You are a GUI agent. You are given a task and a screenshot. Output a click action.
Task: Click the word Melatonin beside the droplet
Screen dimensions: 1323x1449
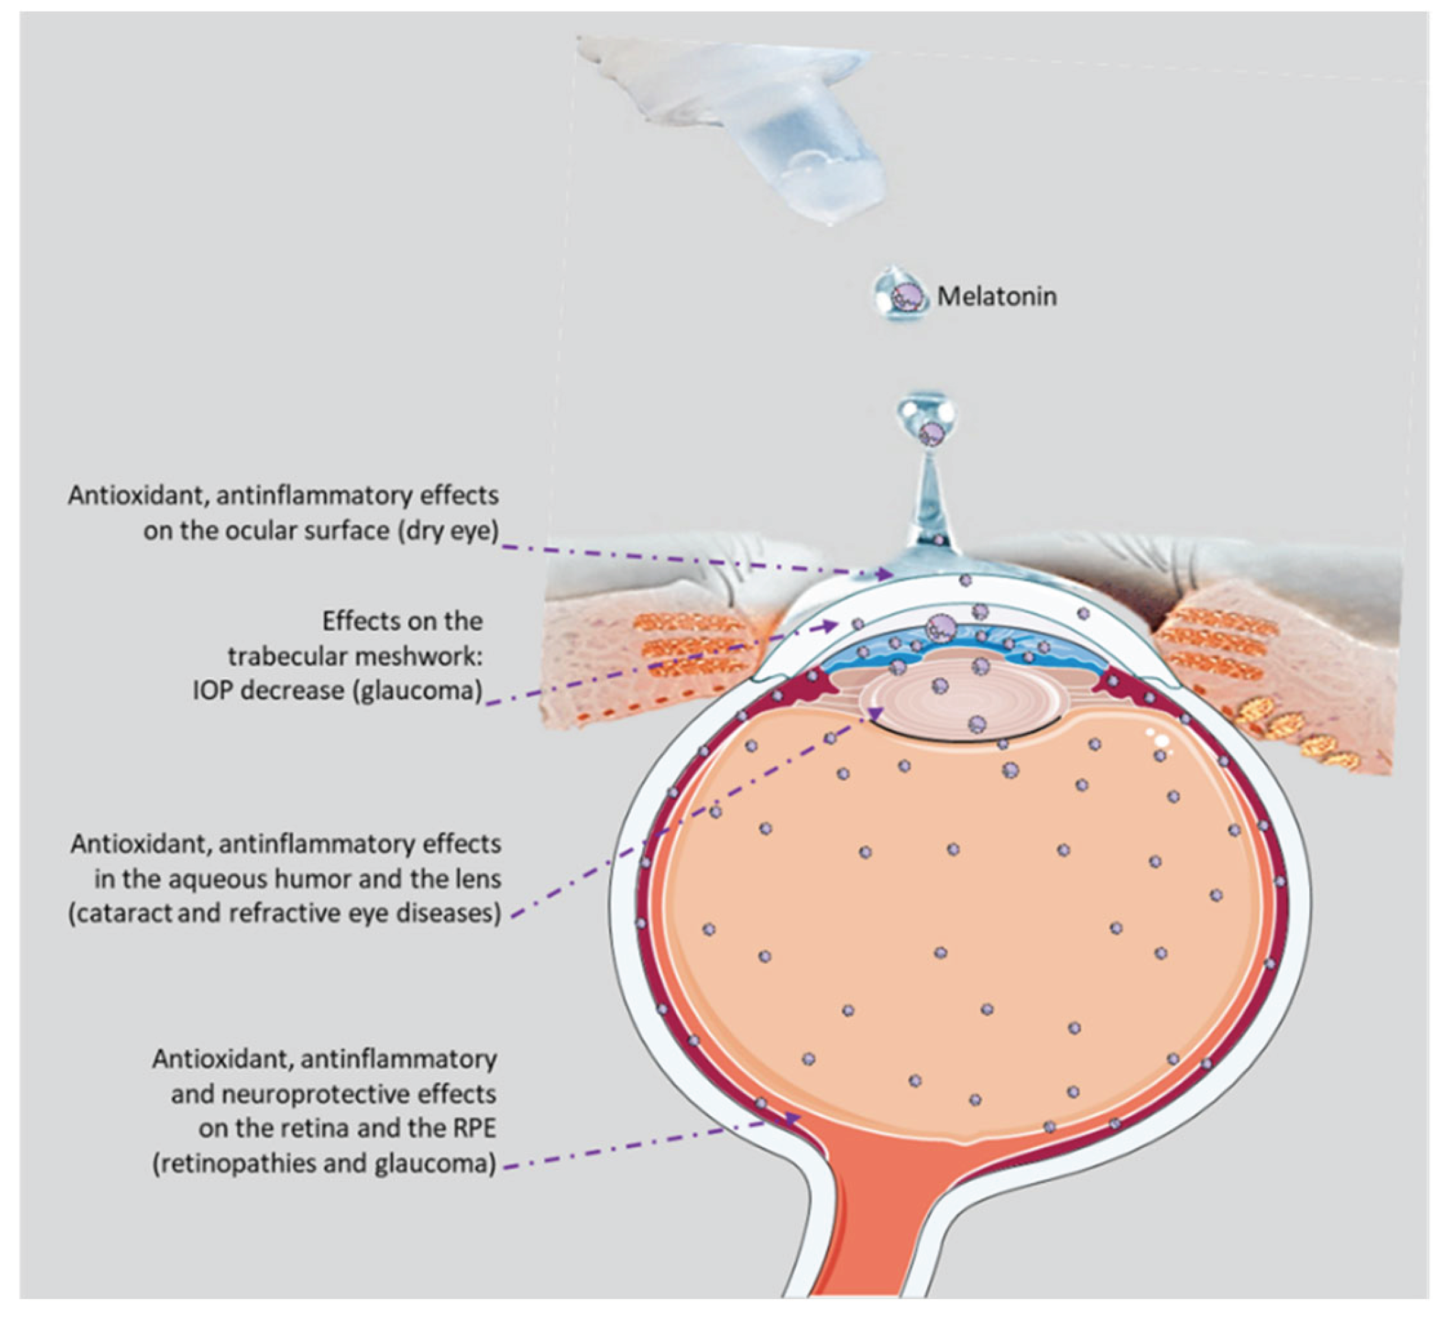coord(997,296)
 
